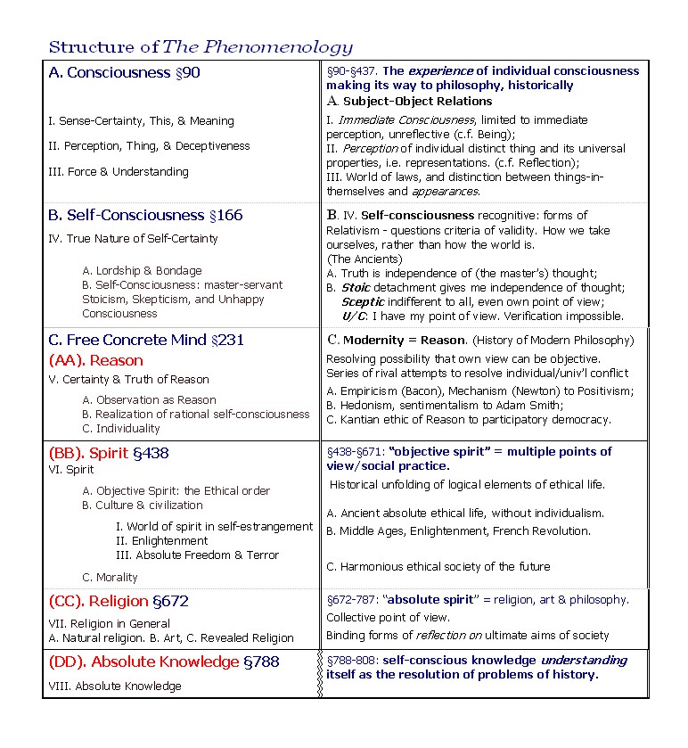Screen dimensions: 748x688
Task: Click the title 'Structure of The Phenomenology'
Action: [201, 47]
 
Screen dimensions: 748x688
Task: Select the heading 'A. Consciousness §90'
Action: [124, 73]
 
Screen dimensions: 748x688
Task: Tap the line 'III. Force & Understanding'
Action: [119, 172]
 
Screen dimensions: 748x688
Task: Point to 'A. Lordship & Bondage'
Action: [142, 271]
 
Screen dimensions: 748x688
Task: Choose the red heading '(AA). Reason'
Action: [95, 360]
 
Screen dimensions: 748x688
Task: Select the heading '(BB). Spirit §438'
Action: [108, 453]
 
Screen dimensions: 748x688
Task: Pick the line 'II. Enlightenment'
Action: [162, 541]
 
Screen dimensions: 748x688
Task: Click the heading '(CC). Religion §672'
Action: [119, 602]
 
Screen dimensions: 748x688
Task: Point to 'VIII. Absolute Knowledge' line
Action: [115, 686]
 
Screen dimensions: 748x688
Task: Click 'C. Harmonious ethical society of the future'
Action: [438, 567]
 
